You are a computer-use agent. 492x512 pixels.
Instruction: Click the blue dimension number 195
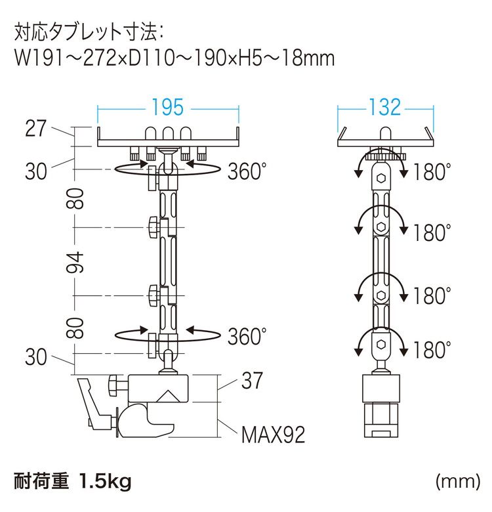pyautogui.click(x=168, y=107)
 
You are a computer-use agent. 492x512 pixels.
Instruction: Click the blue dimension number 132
pyautogui.click(x=384, y=107)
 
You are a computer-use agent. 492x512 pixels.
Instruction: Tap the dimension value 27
pyautogui.click(x=36, y=129)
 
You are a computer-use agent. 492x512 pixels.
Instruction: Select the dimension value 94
pyautogui.click(x=75, y=262)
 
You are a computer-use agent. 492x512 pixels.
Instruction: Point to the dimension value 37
pyautogui.click(x=252, y=381)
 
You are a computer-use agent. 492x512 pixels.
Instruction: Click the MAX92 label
pyautogui.click(x=273, y=435)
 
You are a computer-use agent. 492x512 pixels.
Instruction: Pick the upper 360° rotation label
pyautogui.click(x=247, y=171)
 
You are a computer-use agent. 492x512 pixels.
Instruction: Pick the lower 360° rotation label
pyautogui.click(x=247, y=336)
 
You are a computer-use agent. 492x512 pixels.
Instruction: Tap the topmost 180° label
pyautogui.click(x=432, y=172)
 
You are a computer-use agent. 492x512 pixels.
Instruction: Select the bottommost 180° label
pyautogui.click(x=432, y=350)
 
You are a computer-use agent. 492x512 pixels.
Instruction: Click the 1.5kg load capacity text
pyautogui.click(x=105, y=482)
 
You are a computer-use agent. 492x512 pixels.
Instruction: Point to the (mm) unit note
pyautogui.click(x=458, y=481)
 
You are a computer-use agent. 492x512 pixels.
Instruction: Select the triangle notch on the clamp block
pyautogui.click(x=169, y=396)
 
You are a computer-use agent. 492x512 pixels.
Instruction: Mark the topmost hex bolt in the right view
pyautogui.click(x=380, y=179)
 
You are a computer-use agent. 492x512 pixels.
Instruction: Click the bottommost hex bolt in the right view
pyautogui.click(x=380, y=345)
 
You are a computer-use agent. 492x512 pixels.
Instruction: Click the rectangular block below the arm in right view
pyautogui.click(x=381, y=388)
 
